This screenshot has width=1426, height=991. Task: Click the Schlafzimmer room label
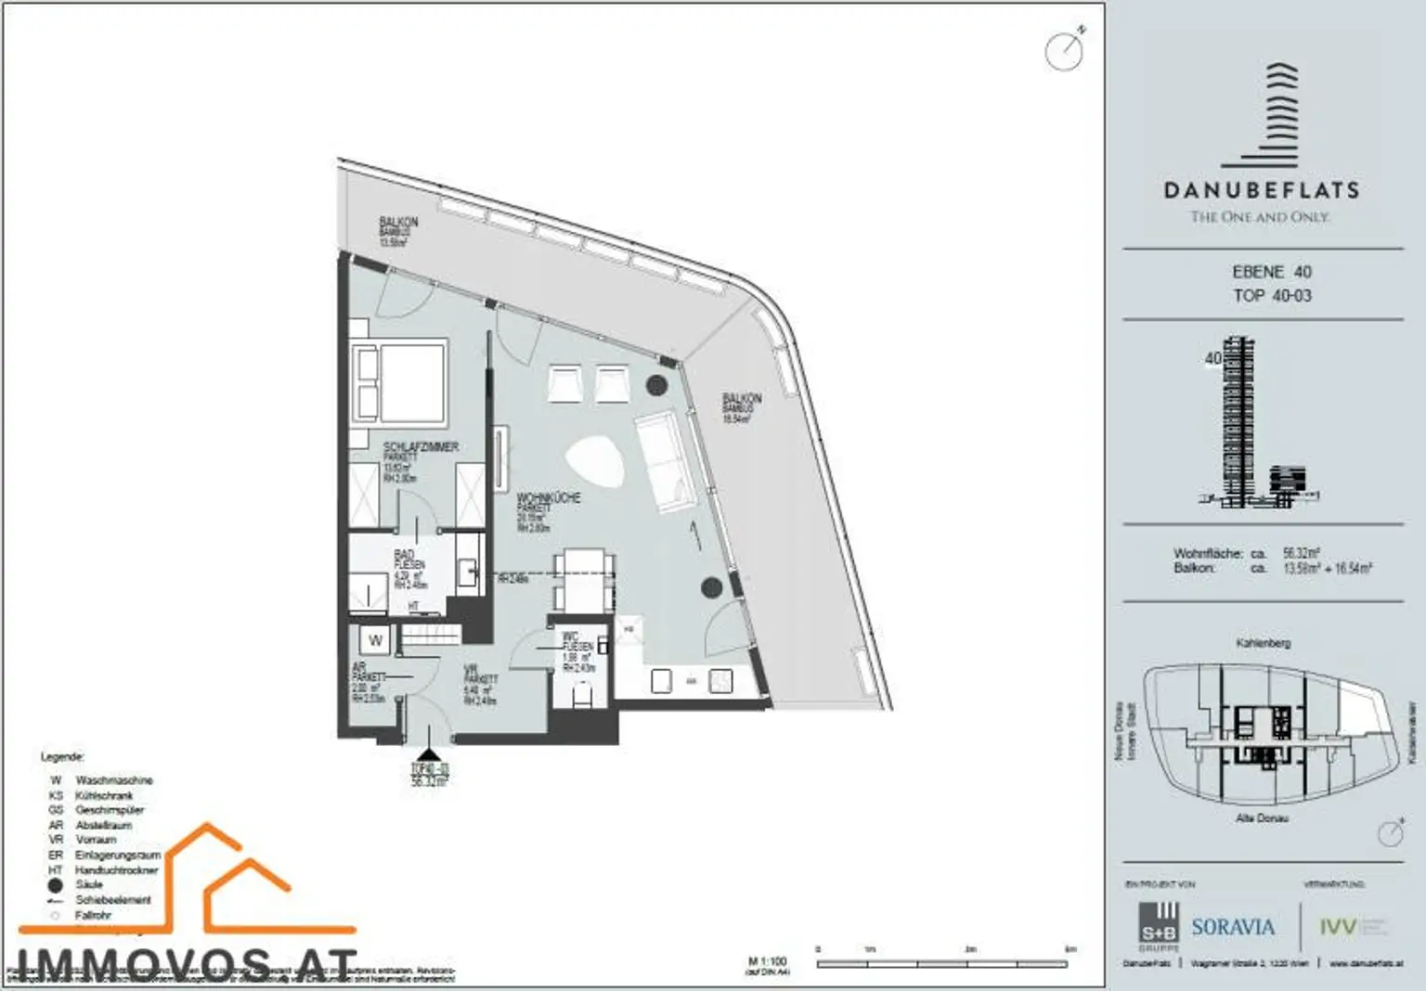(421, 447)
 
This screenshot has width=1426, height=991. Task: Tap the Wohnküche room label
(549, 498)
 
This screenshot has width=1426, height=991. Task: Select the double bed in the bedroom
(399, 382)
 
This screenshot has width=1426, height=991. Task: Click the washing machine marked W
(376, 640)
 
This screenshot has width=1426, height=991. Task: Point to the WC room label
(570, 637)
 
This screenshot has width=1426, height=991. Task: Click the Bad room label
(404, 555)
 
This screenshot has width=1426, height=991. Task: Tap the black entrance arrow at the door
(428, 755)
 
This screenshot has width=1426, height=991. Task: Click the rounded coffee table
(595, 462)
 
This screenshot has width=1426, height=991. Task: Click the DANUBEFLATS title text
(1262, 190)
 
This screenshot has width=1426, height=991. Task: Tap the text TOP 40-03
(1272, 295)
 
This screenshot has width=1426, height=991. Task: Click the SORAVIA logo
(1233, 927)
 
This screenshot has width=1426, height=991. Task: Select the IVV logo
(1338, 927)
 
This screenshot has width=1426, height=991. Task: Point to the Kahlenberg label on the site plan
(1263, 642)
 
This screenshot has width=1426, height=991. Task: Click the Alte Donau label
(1262, 818)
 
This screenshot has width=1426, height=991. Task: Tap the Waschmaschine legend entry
(113, 780)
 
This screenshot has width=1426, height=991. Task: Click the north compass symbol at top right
(1065, 50)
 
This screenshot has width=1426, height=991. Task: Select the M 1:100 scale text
(767, 961)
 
